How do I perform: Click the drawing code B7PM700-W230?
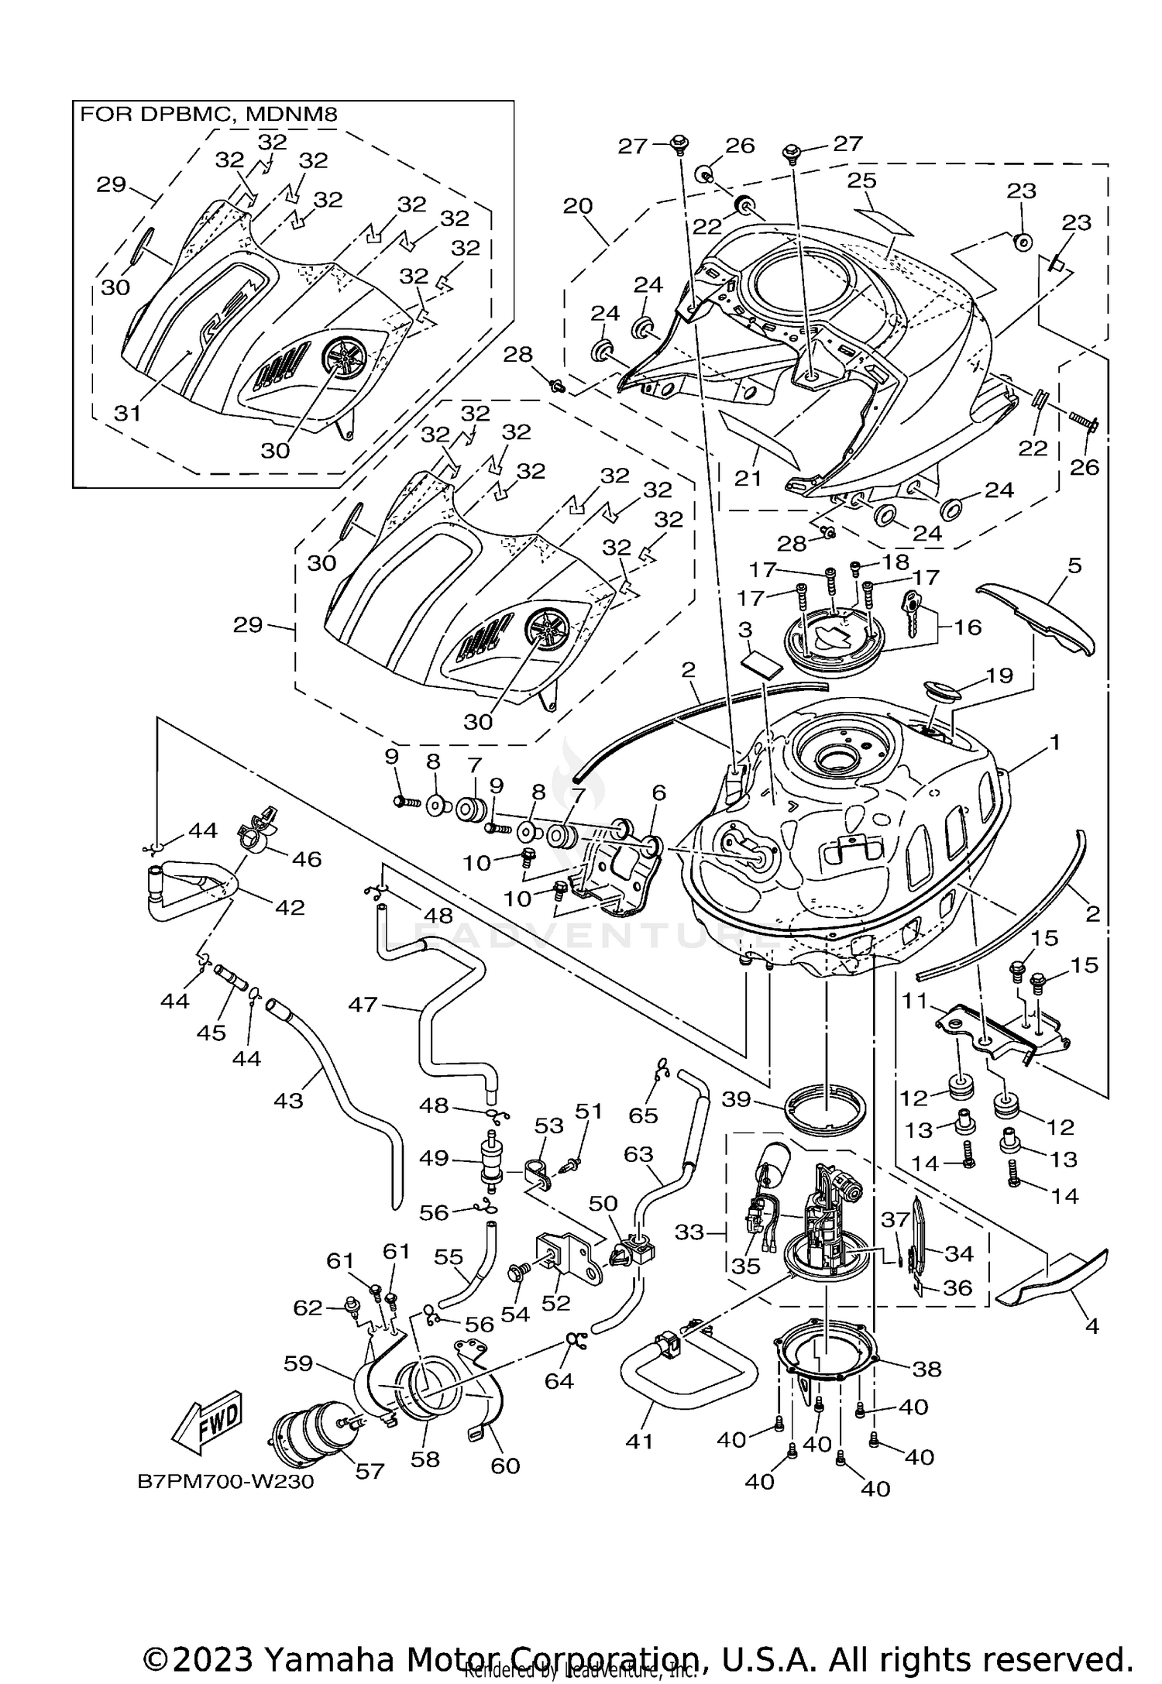click(x=225, y=1482)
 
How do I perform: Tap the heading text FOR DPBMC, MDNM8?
click(x=209, y=115)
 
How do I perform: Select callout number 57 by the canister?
click(x=370, y=1470)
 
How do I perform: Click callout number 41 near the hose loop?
click(x=639, y=1442)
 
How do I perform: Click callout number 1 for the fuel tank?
click(x=1054, y=743)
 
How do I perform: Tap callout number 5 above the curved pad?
click(x=1074, y=565)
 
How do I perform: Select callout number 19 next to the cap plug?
click(x=999, y=675)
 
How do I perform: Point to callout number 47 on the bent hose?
click(x=363, y=1005)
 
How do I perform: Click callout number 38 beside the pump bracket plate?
click(x=927, y=1369)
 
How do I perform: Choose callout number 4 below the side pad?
click(x=1092, y=1326)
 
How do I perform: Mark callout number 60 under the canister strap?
click(x=505, y=1465)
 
